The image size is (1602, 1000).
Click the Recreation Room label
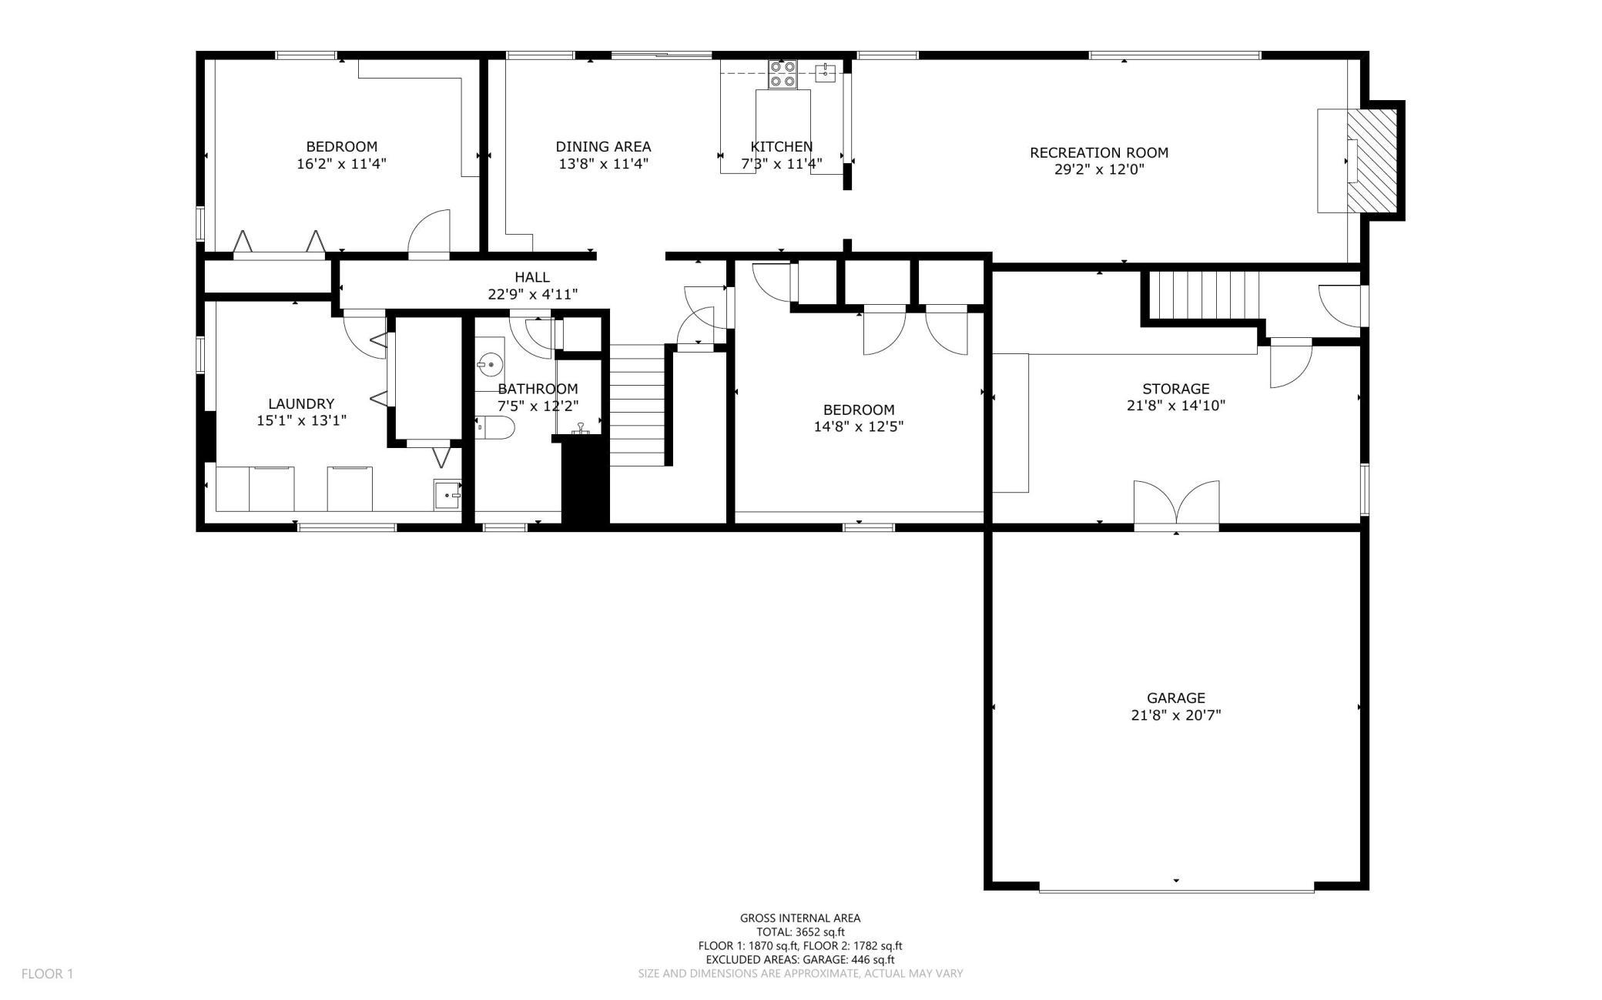click(x=1099, y=152)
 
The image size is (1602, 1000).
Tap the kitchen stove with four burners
click(x=783, y=75)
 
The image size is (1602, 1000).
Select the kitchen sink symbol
click(x=826, y=73)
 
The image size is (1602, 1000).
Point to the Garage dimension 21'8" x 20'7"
click(x=1175, y=715)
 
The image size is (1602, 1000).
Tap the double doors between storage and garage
click(x=1176, y=505)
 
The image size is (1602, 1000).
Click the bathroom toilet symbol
click(x=494, y=428)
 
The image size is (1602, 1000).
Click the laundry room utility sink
click(x=447, y=494)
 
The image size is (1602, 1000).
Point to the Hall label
click(x=532, y=277)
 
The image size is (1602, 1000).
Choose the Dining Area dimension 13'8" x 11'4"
click(x=604, y=163)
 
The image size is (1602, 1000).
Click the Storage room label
click(x=1175, y=389)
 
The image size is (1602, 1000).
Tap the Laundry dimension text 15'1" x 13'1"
click(x=301, y=420)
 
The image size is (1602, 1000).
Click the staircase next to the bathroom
click(x=638, y=405)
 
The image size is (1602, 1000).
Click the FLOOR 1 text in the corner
click(x=47, y=974)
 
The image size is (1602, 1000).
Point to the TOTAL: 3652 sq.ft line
click(x=800, y=931)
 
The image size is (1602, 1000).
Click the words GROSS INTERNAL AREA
click(x=800, y=918)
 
